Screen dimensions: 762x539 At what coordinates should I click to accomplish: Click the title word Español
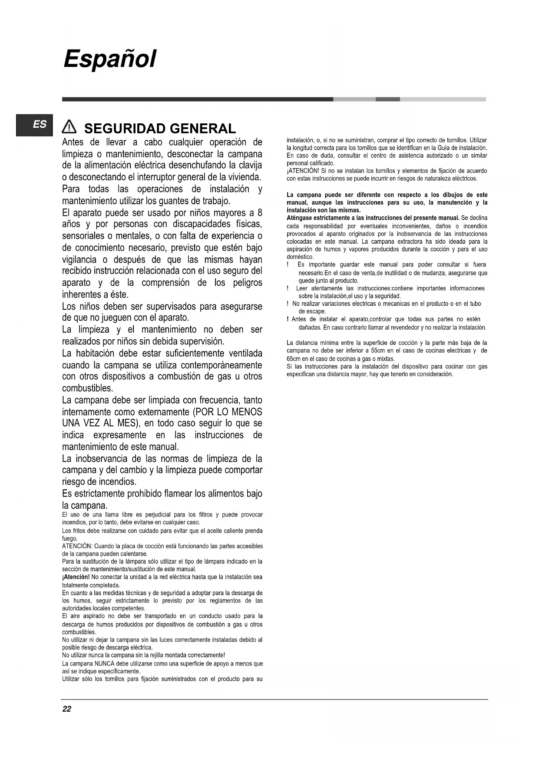click(109, 59)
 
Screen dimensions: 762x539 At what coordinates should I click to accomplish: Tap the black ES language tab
click(34, 125)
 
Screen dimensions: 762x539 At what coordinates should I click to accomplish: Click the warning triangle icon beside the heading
click(69, 127)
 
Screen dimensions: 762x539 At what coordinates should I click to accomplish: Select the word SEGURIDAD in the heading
click(125, 129)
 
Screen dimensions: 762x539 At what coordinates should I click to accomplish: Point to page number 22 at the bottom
click(66, 709)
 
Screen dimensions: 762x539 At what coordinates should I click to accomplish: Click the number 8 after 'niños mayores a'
click(260, 213)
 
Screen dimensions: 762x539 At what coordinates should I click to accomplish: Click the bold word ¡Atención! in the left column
click(76, 577)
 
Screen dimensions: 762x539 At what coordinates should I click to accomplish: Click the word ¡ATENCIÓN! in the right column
click(303, 171)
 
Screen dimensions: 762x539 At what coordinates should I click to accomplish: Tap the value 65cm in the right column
click(294, 359)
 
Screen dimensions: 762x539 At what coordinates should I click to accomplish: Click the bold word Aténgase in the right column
click(299, 218)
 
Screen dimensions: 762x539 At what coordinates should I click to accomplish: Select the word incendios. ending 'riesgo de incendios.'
click(115, 482)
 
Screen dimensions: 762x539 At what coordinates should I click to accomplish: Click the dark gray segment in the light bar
click(387, 99)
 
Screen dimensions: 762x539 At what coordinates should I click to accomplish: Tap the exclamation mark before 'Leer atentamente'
click(288, 288)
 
